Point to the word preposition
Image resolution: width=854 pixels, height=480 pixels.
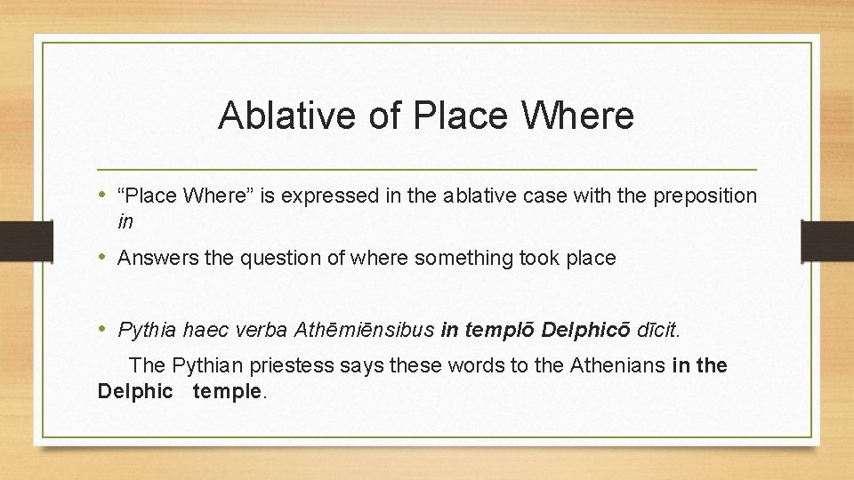[705, 196]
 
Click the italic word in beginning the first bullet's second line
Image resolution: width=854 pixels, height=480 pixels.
[125, 219]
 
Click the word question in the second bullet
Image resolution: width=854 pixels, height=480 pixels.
[270, 259]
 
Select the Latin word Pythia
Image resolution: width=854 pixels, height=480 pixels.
[148, 331]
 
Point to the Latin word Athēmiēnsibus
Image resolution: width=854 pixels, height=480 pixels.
[362, 331]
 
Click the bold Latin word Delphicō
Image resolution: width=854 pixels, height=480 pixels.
[587, 331]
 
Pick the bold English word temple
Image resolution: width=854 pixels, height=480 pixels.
[229, 391]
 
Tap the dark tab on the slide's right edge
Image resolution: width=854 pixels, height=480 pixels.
[827, 241]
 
